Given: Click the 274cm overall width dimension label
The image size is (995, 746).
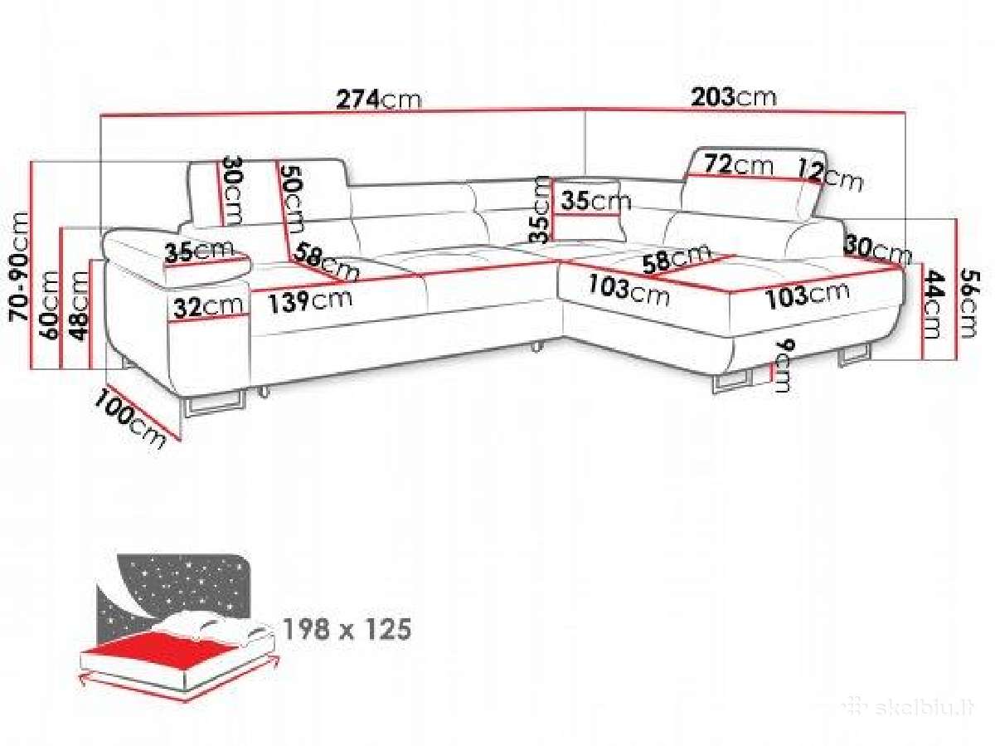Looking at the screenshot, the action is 379,99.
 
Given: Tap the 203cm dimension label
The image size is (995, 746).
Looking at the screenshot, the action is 734,96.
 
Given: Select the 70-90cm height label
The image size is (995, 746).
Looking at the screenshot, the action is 19,266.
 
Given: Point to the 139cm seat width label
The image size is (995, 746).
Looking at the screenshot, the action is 309,301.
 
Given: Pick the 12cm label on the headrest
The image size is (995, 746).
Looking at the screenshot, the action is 831,175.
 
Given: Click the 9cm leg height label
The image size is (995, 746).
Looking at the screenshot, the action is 785,367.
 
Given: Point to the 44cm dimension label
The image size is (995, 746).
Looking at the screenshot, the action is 933,304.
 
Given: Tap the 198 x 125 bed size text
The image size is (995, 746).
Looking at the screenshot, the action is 347,629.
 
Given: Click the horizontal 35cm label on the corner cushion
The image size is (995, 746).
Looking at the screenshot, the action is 595,201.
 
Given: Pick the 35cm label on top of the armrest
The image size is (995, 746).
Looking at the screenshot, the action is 198,252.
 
